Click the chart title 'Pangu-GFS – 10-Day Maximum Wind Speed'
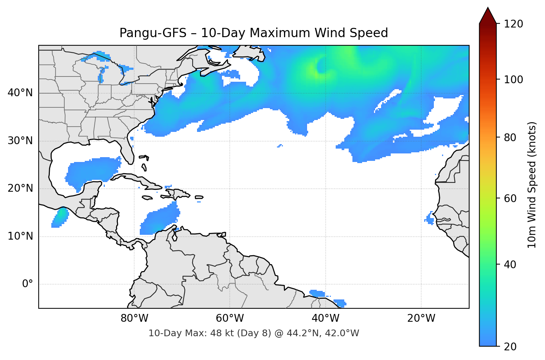pyautogui.click(x=254, y=33)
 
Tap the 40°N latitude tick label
pyautogui.click(x=20, y=93)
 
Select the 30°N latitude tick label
pyautogui.click(x=20, y=141)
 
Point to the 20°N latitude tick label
pyautogui.click(x=20, y=188)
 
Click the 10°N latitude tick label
pyautogui.click(x=20, y=236)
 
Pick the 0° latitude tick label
pyautogui.click(x=28, y=284)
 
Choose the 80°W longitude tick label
pyautogui.click(x=134, y=318)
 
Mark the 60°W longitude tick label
pyautogui.click(x=230, y=318)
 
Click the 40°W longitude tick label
pyautogui.click(x=325, y=318)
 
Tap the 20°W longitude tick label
pyautogui.click(x=421, y=318)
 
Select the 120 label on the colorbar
pyautogui.click(x=513, y=24)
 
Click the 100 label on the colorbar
pyautogui.click(x=513, y=80)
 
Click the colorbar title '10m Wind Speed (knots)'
pyautogui.click(x=532, y=185)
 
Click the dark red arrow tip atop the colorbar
pyautogui.click(x=488, y=15)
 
